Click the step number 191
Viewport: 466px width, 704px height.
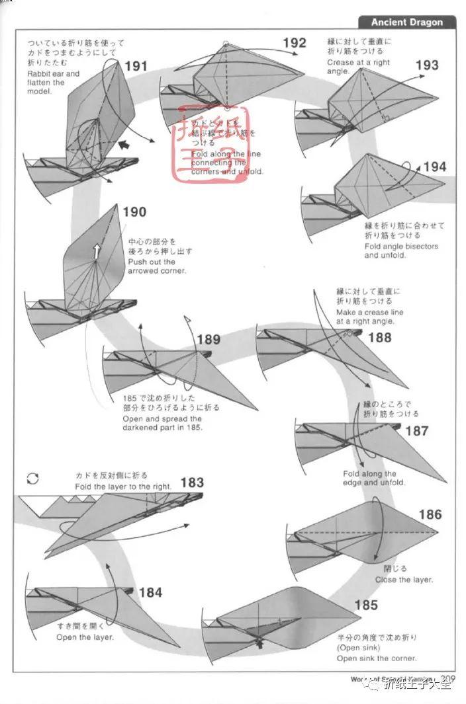(135, 66)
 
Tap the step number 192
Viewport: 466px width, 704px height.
(295, 43)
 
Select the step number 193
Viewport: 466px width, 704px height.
(427, 65)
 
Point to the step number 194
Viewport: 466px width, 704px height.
(434, 167)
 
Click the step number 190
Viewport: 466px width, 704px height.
(134, 212)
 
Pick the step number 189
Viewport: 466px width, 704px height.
(209, 340)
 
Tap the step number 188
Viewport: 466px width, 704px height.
(379, 338)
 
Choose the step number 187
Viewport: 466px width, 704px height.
(416, 431)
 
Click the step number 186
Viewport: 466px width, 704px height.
(430, 514)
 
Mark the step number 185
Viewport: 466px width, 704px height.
(365, 605)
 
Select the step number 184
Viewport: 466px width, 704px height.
(150, 592)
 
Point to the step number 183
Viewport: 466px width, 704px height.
(192, 483)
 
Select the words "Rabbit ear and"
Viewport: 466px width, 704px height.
(54, 74)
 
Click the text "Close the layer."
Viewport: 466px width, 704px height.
(404, 580)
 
